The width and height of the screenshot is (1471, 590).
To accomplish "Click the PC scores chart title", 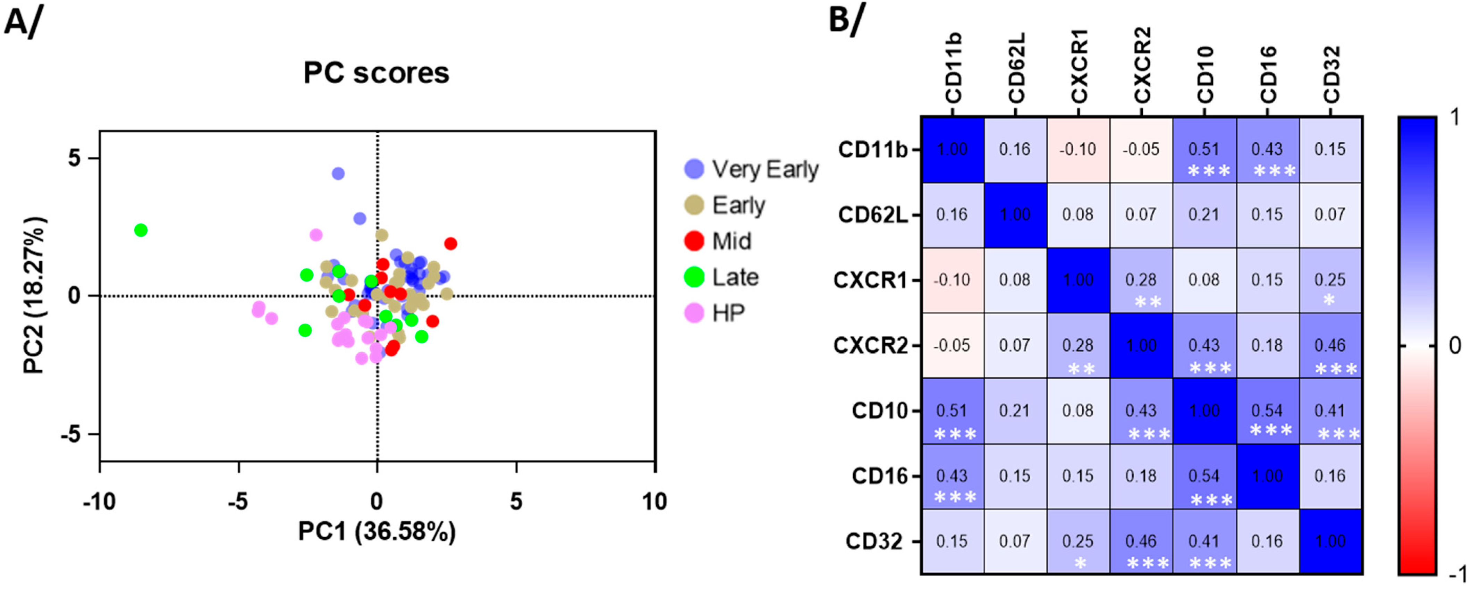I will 376,73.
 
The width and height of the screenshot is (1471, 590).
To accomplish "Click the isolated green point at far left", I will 141,230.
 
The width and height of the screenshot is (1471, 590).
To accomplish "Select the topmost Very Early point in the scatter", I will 338,174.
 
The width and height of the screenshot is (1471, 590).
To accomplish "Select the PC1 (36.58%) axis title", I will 377,532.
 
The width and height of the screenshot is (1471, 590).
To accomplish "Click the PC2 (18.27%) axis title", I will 34,295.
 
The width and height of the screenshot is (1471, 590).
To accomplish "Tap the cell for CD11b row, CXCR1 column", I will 1077,150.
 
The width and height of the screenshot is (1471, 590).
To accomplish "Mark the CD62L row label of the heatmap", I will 872,215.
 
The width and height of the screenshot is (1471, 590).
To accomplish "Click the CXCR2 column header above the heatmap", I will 1142,66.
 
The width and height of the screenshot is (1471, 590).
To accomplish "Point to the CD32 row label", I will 874,541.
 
